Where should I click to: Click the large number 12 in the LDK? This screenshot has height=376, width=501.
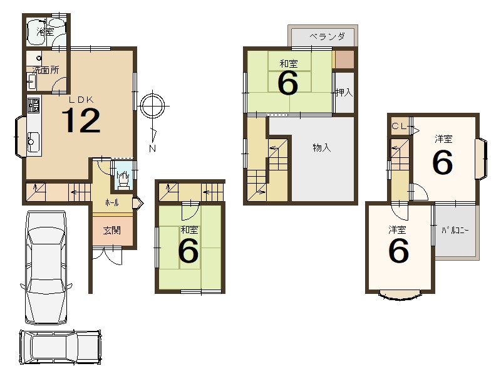click(x=81, y=120)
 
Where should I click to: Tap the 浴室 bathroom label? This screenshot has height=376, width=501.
click(x=44, y=32)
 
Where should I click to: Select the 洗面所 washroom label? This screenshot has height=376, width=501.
click(x=46, y=70)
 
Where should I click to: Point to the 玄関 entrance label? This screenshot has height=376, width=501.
click(x=112, y=230)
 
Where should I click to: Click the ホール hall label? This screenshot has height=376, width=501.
click(x=112, y=202)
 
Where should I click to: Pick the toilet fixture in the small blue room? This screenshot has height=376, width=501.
click(x=123, y=180)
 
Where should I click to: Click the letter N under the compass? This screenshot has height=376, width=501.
click(x=152, y=149)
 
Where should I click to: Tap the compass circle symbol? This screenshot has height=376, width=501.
click(x=152, y=105)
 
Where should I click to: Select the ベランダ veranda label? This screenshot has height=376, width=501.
click(x=327, y=36)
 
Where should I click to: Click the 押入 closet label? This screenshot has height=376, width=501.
click(x=344, y=93)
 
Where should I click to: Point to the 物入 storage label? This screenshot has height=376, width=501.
click(x=322, y=148)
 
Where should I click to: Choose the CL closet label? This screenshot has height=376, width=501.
click(x=400, y=126)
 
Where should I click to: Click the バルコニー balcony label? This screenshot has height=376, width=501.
click(x=455, y=230)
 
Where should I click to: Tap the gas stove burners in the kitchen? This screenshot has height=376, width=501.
click(x=34, y=105)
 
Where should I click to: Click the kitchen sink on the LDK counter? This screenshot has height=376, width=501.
click(x=33, y=142)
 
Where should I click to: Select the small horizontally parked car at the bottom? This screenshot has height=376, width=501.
click(x=61, y=347)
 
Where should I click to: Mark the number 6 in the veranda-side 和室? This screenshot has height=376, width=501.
click(x=288, y=83)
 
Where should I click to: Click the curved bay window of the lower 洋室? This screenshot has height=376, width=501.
click(x=400, y=295)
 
